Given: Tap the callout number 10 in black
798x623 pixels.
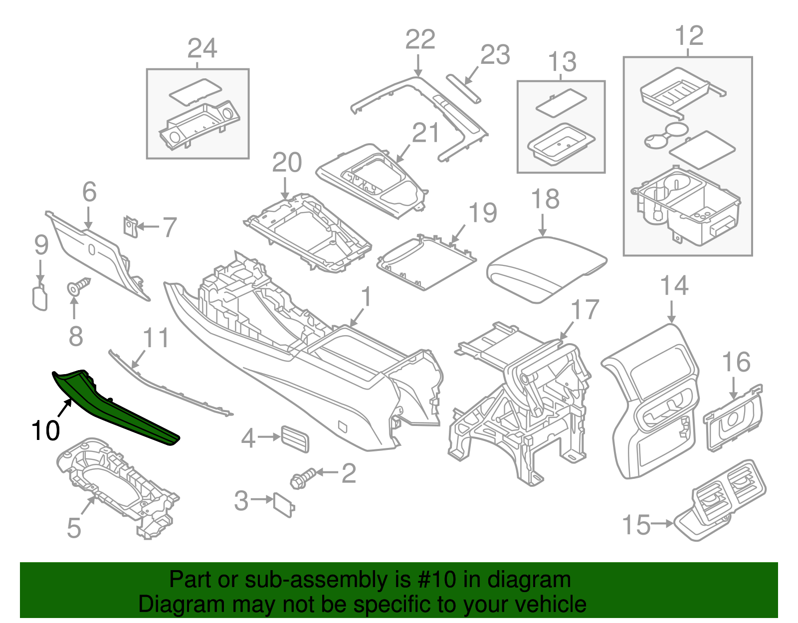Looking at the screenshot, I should pyautogui.click(x=45, y=430).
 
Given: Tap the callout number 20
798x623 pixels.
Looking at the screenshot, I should pyautogui.click(x=287, y=163).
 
